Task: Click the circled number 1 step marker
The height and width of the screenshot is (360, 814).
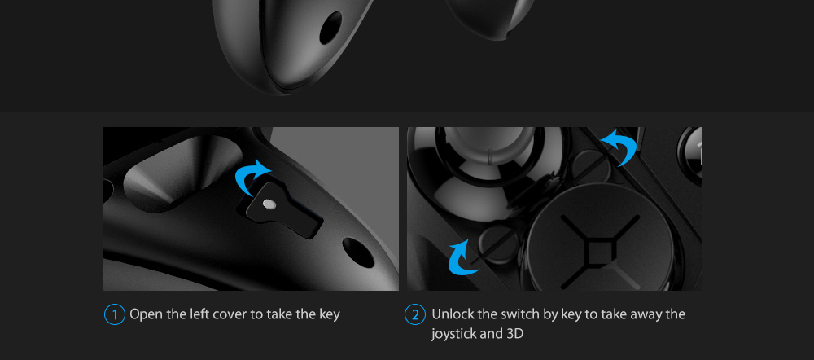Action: pyautogui.click(x=114, y=315)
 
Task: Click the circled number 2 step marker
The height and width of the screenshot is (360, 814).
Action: pyautogui.click(x=415, y=315)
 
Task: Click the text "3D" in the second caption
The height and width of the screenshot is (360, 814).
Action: pyautogui.click(x=514, y=333)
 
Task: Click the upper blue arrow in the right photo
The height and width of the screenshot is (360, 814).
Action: pyautogui.click(x=621, y=146)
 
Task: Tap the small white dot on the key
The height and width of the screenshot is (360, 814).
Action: pyautogui.click(x=268, y=204)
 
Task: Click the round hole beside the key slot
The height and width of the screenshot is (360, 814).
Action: pyautogui.click(x=358, y=252)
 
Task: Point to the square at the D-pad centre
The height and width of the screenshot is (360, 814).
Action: pyautogui.click(x=597, y=252)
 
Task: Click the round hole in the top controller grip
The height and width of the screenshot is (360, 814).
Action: pyautogui.click(x=330, y=28)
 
